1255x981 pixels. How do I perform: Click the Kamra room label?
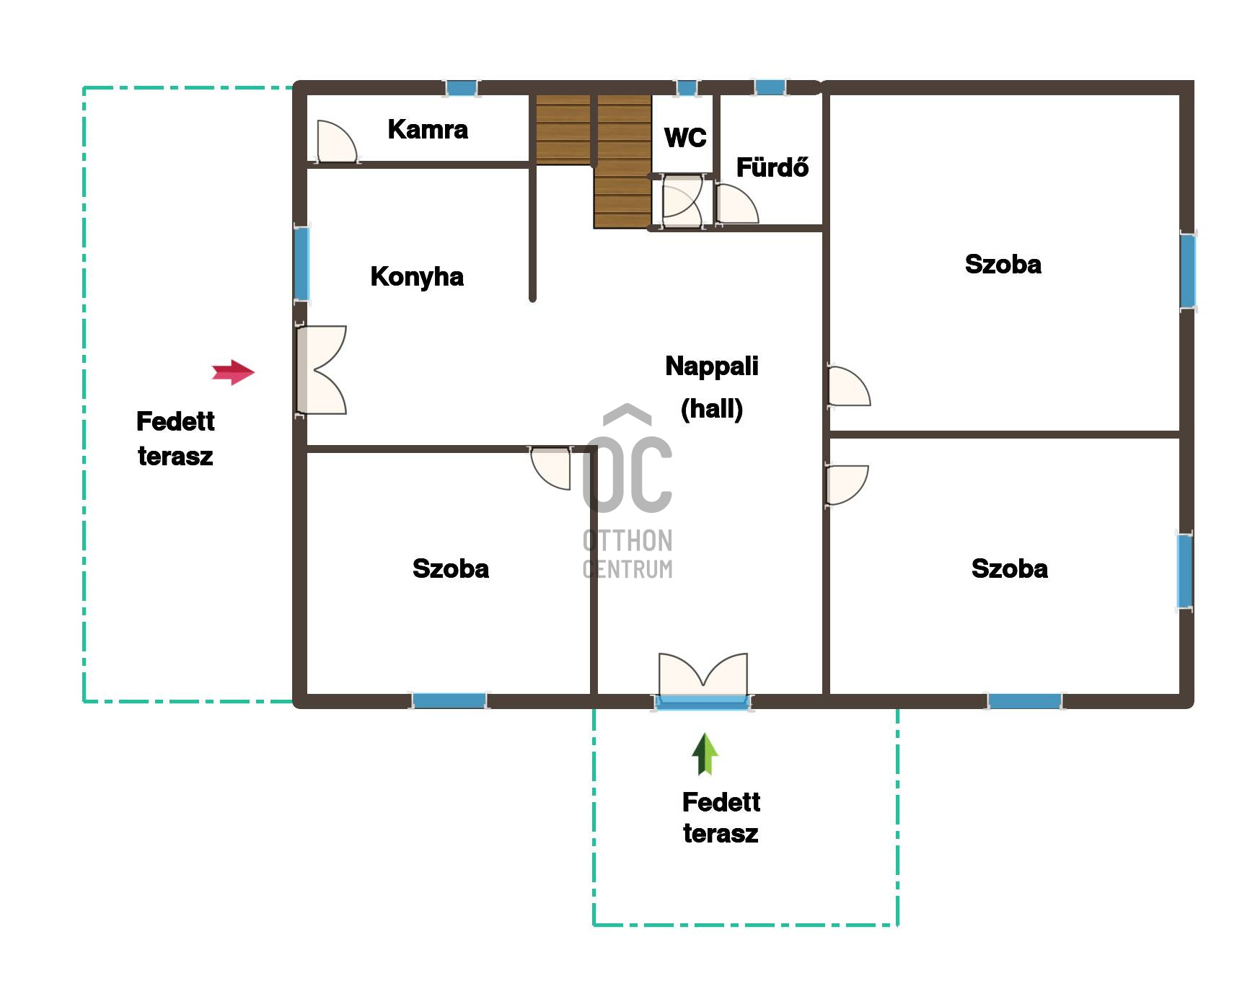[428, 129]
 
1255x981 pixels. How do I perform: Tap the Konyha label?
[417, 277]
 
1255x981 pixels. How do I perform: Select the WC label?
[685, 137]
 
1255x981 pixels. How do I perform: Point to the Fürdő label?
[772, 167]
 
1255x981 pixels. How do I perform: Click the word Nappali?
[712, 366]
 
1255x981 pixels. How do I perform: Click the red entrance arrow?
[233, 372]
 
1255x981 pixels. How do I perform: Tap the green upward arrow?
[705, 754]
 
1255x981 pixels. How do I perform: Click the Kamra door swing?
[337, 141]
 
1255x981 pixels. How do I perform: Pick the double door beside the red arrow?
[321, 370]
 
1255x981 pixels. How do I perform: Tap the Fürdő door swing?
[736, 203]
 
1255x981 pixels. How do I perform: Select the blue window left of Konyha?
[301, 264]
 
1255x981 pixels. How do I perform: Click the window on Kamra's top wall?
[461, 88]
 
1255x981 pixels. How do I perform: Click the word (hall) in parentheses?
[712, 409]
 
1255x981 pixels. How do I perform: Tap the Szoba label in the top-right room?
[1003, 264]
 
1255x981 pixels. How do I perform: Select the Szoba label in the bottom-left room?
[451, 568]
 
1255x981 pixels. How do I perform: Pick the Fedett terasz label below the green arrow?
[721, 817]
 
